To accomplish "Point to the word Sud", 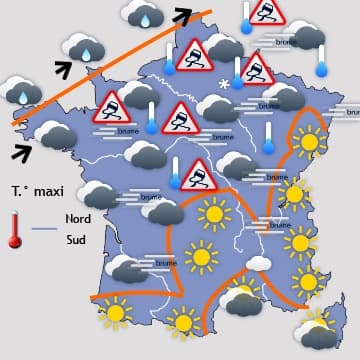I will pyautogui.click(x=75, y=240).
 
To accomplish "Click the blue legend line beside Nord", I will pyautogui.click(x=45, y=230).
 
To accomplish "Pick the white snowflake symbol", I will pyautogui.click(x=224, y=86).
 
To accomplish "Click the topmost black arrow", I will pyautogui.click(x=183, y=13).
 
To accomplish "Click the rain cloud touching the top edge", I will pyautogui.click(x=141, y=13).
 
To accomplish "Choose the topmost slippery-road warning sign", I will pyautogui.click(x=267, y=13).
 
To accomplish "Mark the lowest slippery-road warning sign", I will pyautogui.click(x=199, y=176).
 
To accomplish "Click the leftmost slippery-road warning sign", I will pyautogui.click(x=112, y=106).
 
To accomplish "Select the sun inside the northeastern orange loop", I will pyautogui.click(x=308, y=141).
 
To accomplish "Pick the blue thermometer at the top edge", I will pyautogui.click(x=246, y=19).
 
